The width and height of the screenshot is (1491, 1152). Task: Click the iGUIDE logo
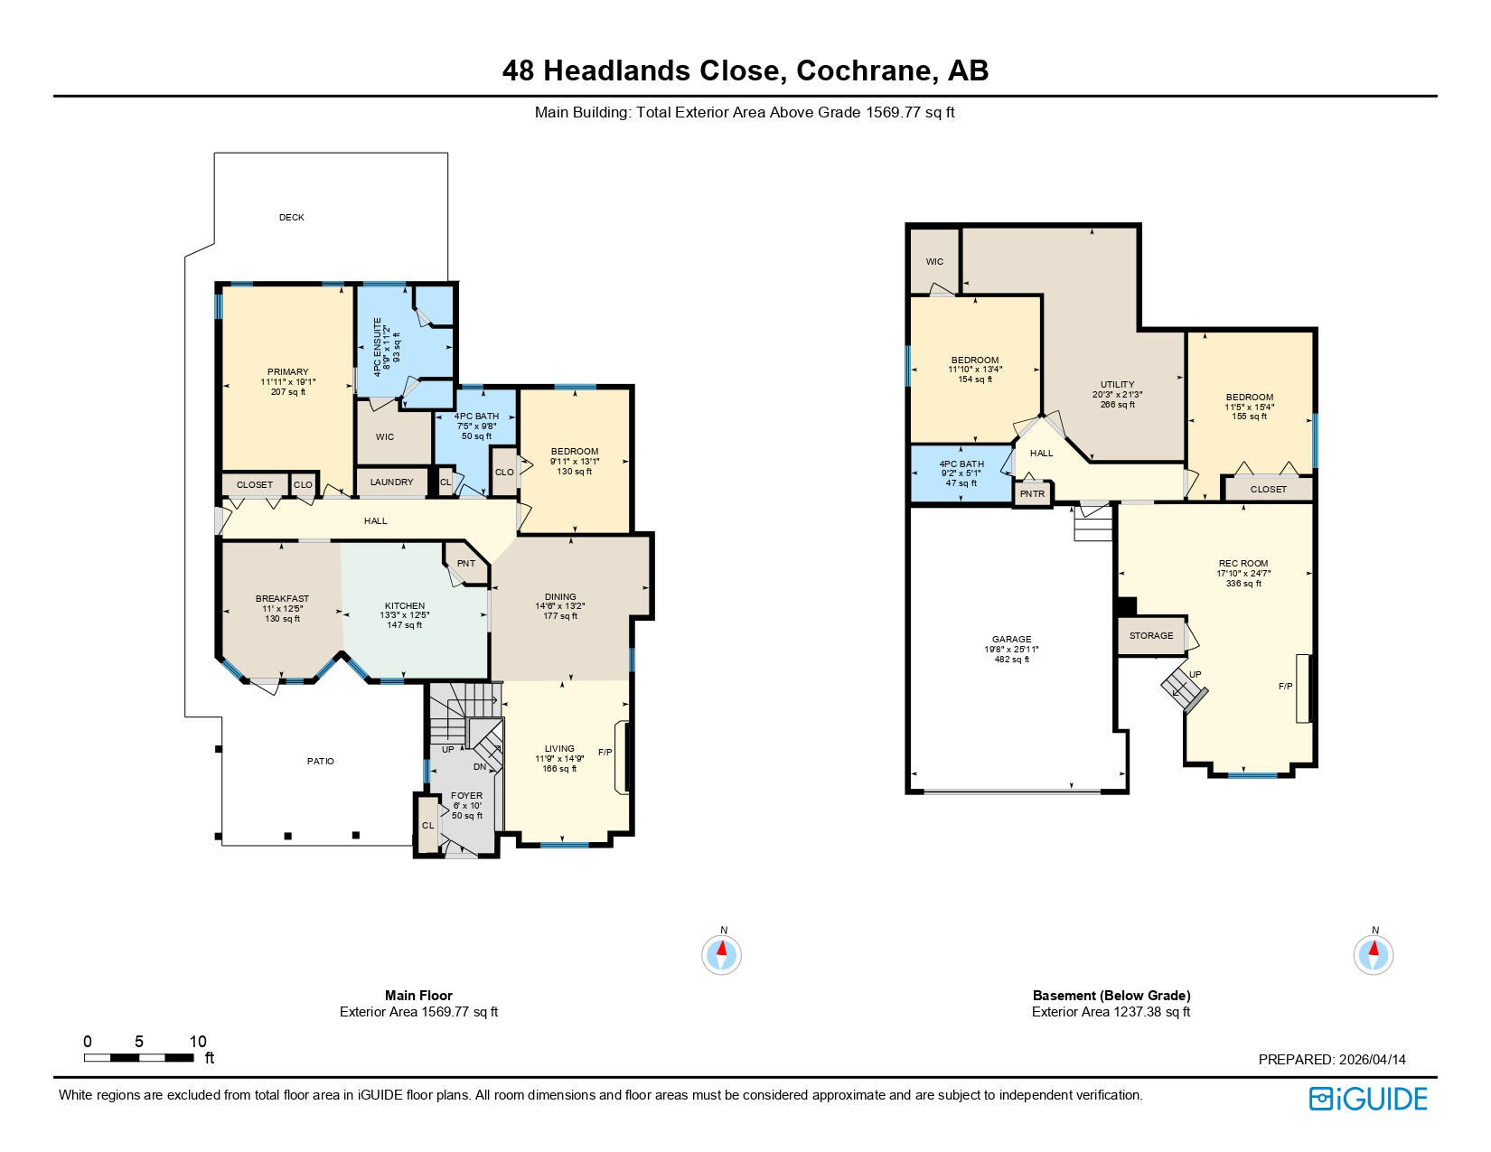coord(1368,1099)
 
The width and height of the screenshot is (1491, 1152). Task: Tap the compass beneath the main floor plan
coord(721,954)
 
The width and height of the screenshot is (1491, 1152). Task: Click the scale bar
coord(139,1057)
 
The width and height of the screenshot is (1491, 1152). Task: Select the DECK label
coord(291,218)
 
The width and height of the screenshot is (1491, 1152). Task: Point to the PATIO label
coord(321,762)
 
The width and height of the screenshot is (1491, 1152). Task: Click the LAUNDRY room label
coord(391,482)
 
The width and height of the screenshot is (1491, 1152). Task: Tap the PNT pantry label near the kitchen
coord(466,564)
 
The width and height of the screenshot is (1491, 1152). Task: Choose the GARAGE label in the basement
coord(1011,640)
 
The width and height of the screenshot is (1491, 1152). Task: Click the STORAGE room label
coord(1151,636)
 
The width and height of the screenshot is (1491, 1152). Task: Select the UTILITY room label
coord(1117,385)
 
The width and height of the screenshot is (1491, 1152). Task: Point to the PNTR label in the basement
coord(1032,494)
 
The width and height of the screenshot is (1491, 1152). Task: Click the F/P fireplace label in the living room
coord(605,753)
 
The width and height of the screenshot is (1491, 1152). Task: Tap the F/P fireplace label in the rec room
coord(1285,687)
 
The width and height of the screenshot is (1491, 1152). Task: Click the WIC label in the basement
coord(934,262)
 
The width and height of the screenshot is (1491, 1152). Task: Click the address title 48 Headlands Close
coord(745,70)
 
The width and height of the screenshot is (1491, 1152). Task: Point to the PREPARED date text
coord(1332,1060)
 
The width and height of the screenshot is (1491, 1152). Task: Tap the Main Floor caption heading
coord(418,996)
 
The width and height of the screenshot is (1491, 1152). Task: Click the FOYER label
coord(467,796)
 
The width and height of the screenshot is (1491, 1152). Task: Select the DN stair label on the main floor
coord(480,767)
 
